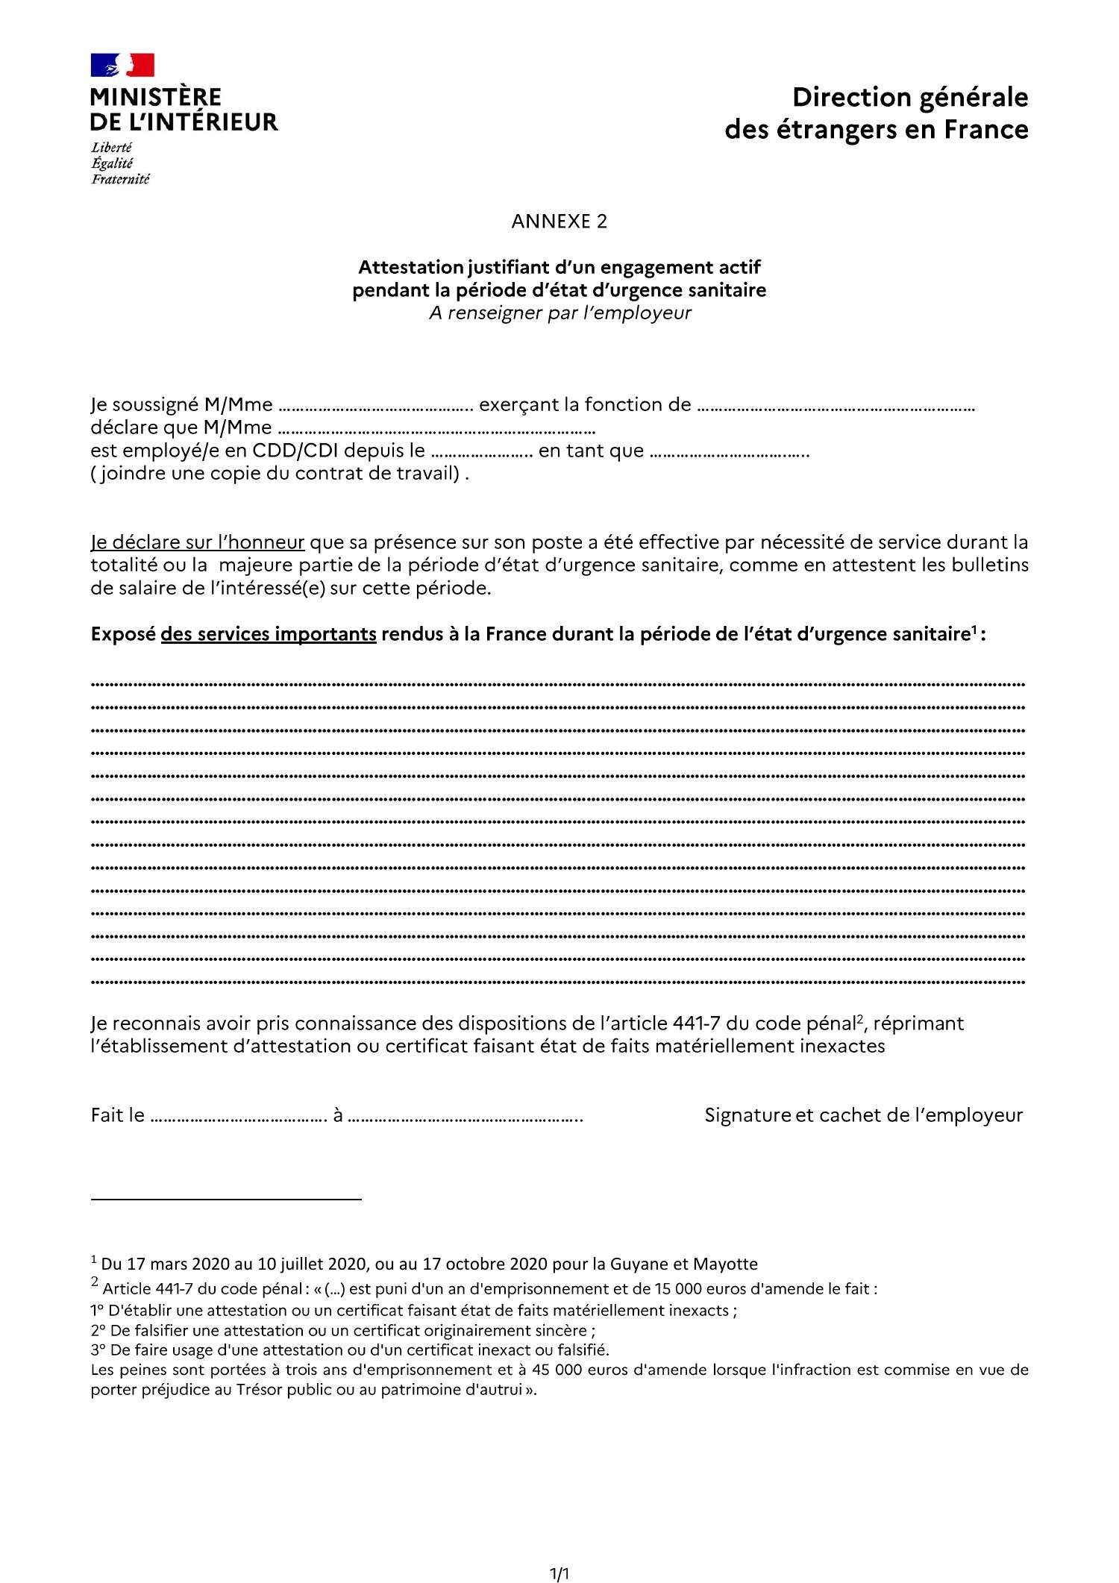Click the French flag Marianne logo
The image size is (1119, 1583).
[122, 65]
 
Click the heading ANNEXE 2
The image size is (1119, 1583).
[559, 222]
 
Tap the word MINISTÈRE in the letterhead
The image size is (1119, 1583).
[156, 98]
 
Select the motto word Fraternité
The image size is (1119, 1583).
[120, 179]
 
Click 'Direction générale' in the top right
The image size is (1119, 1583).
[909, 98]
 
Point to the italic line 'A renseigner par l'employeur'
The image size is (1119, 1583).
[559, 313]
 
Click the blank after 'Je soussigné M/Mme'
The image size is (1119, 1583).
[375, 407]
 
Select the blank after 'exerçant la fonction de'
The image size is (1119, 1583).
[835, 407]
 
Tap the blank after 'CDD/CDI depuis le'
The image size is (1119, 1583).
[482, 454]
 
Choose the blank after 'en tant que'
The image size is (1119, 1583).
[729, 454]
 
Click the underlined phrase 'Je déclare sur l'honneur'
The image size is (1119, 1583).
[198, 542]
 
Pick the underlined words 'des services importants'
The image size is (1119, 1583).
[269, 634]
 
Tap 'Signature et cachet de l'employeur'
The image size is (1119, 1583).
[863, 1115]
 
